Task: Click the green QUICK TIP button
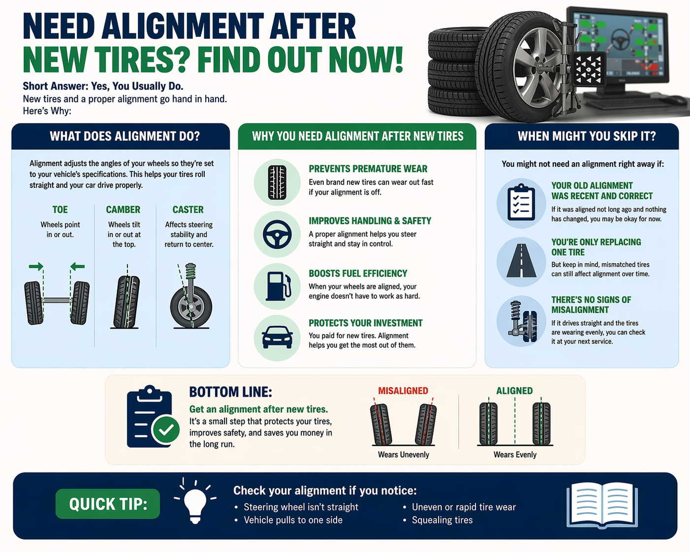(107, 504)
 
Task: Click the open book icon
(602, 505)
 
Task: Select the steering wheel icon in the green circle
(277, 234)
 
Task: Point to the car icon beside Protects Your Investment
(277, 337)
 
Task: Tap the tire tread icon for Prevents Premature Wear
(277, 182)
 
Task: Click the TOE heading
(60, 210)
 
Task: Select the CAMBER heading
(123, 210)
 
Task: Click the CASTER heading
(188, 210)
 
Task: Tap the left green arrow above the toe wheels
(36, 267)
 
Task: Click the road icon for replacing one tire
(521, 261)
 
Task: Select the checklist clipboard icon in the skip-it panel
(521, 203)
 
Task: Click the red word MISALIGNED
(403, 391)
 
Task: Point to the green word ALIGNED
(514, 391)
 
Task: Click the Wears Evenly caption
(515, 455)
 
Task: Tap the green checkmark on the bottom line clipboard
(166, 430)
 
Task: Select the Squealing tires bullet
(442, 520)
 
